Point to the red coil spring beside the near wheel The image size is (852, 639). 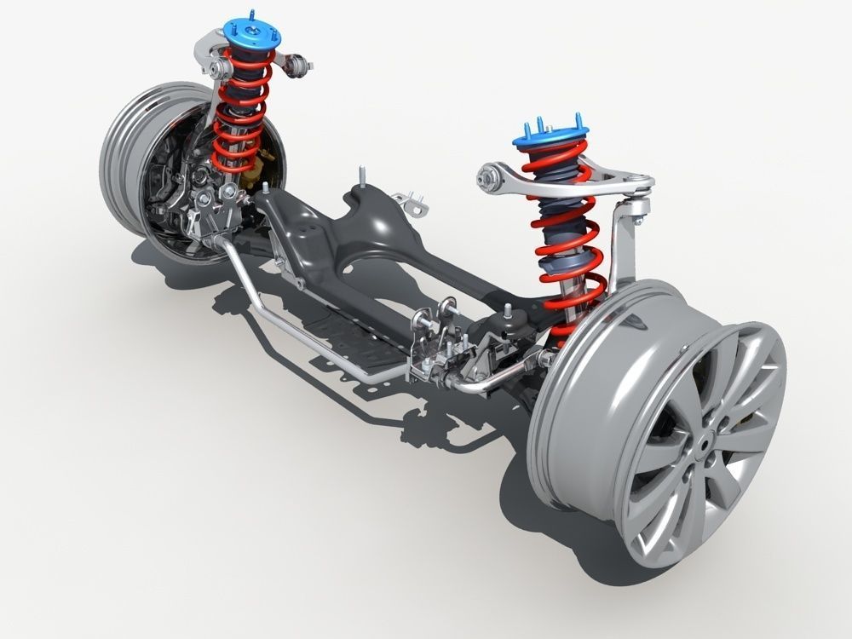pos(562,256)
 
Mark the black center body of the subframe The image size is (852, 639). pos(358,247)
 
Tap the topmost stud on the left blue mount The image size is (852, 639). pos(251,14)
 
